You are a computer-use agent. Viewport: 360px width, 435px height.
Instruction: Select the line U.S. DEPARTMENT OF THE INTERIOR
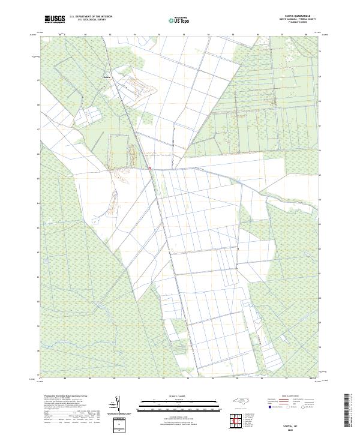point(91,17)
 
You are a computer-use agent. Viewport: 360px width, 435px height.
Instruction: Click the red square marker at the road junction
point(149,169)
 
